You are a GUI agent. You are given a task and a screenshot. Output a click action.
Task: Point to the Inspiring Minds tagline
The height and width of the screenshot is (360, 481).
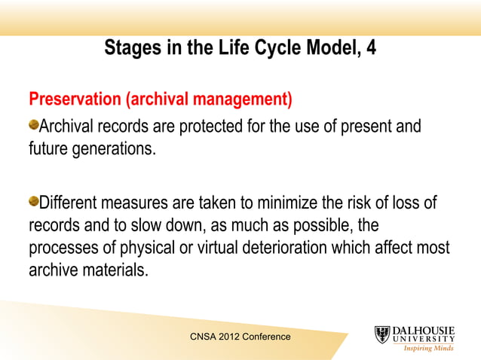[x=429, y=349]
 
